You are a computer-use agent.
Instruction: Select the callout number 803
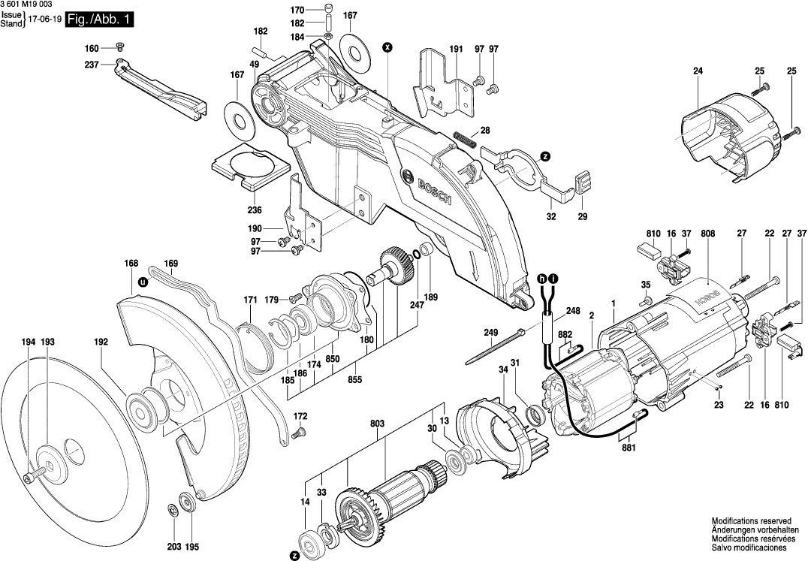click(377, 425)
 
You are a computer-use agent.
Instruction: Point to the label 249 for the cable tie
click(490, 333)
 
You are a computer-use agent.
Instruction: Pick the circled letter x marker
click(387, 47)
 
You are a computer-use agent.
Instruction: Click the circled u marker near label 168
click(142, 284)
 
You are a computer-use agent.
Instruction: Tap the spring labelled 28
click(465, 140)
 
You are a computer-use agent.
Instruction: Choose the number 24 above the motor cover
click(698, 71)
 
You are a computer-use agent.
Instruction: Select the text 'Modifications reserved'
click(752, 520)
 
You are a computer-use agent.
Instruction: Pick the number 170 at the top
click(297, 11)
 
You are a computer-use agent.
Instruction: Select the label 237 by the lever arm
click(92, 65)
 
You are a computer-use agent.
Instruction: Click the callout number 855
click(355, 380)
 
